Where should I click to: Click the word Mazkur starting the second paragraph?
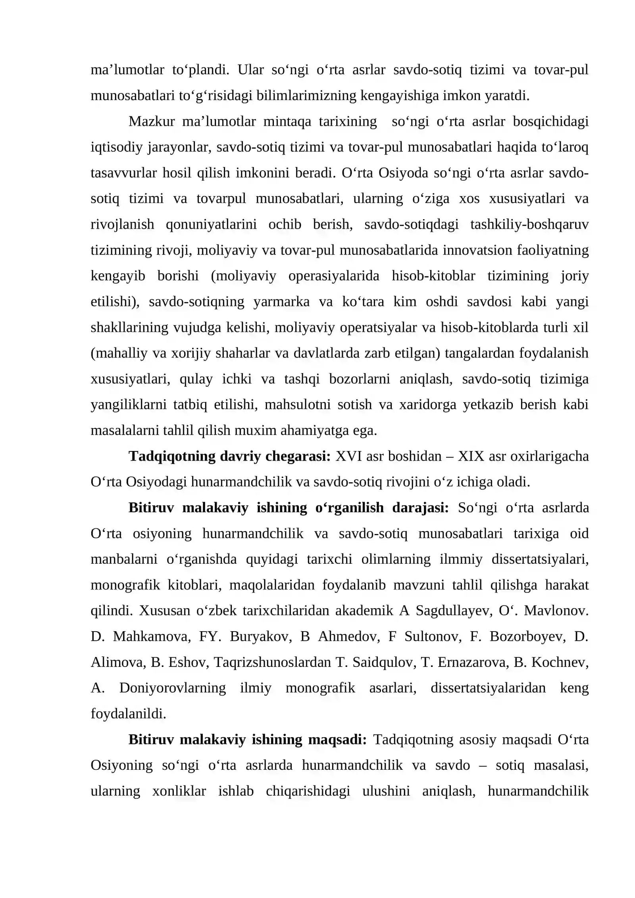click(151, 121)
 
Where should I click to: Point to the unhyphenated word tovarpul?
click(221, 198)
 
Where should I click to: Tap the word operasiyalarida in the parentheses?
click(333, 276)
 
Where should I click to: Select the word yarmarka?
click(281, 302)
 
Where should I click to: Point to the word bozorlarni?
click(359, 379)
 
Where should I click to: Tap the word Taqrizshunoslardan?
click(272, 662)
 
